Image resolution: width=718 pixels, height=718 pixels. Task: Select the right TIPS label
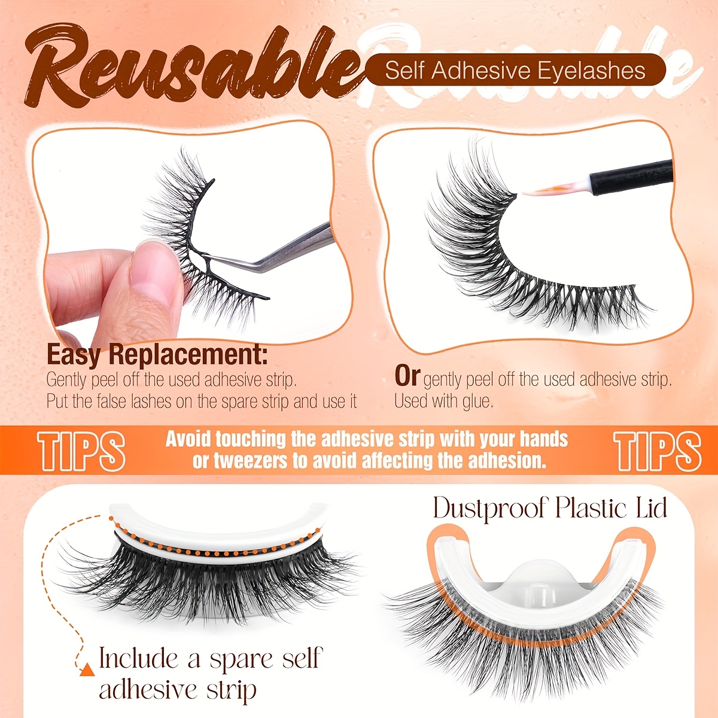coord(657,450)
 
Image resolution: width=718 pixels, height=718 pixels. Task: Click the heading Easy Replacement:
coord(157,355)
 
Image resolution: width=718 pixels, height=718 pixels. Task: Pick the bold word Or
coord(407,376)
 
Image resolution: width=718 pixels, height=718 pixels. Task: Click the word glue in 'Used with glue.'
coord(476,401)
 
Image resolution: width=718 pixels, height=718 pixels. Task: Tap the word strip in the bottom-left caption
coord(231,690)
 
